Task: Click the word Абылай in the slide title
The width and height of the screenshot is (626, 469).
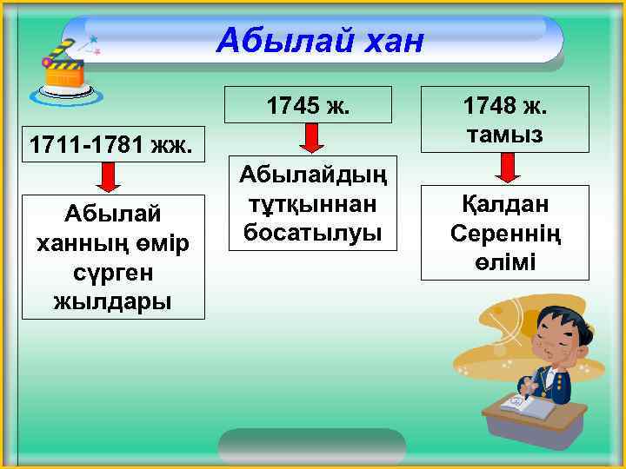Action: [x=276, y=39]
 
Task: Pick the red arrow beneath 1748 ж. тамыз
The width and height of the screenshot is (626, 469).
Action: [x=503, y=167]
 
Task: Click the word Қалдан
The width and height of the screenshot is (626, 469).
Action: [x=504, y=205]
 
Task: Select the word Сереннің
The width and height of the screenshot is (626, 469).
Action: [x=504, y=234]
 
